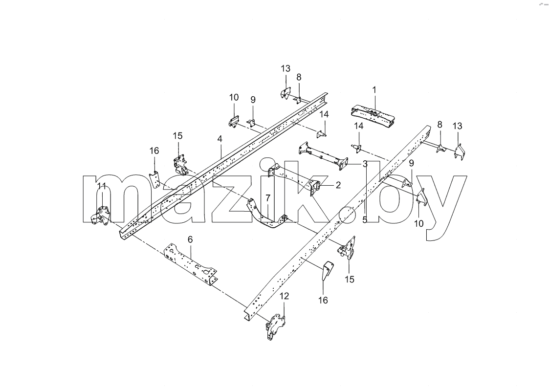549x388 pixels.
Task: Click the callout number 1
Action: point(374,90)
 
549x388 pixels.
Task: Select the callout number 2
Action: point(338,185)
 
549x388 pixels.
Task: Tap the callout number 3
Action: point(365,164)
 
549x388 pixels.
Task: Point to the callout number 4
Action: point(220,139)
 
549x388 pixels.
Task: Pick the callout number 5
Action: point(365,220)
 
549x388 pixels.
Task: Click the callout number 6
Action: point(190,239)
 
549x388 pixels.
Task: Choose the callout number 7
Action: point(268,198)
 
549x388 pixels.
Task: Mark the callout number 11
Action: point(102,185)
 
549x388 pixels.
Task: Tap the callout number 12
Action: point(285,296)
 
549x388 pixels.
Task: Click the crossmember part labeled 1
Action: point(373,115)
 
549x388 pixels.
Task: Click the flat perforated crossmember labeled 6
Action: point(191,265)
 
